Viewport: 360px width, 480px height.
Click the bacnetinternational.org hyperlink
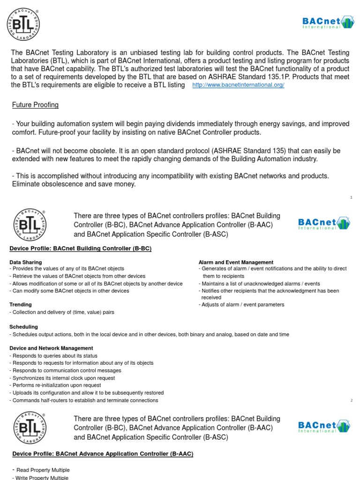point(238,85)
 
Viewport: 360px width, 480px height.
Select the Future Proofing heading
point(35,105)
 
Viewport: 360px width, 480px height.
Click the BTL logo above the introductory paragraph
point(23,24)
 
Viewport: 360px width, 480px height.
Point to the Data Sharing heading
point(25,262)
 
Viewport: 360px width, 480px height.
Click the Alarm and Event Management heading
point(236,262)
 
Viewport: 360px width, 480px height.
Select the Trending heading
point(21,305)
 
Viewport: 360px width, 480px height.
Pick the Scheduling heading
point(23,327)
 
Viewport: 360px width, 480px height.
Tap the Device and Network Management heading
point(51,348)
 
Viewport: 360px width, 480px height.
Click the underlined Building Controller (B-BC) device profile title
point(80,248)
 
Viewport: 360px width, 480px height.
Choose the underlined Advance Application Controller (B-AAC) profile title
point(103,454)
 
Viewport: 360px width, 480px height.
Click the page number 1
point(351,198)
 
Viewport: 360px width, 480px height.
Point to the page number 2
point(351,400)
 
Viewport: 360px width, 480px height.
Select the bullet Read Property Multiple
point(42,470)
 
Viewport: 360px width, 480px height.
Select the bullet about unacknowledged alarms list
point(260,284)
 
